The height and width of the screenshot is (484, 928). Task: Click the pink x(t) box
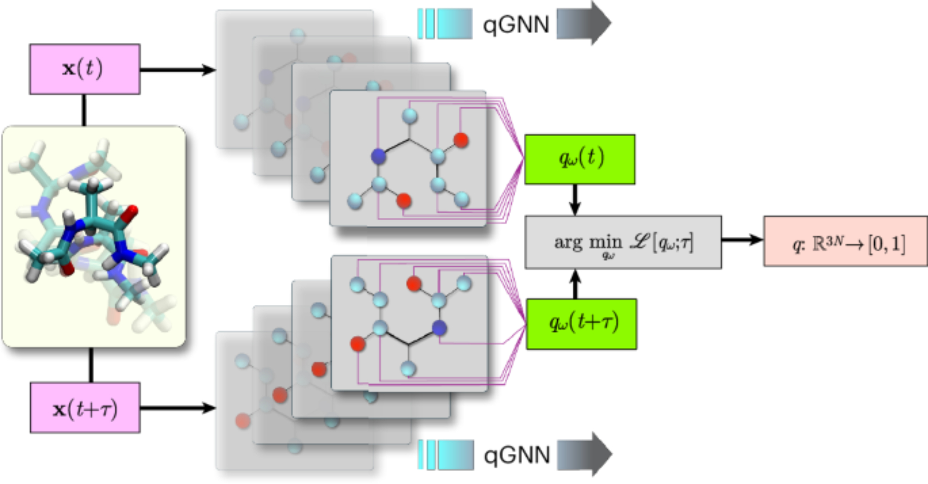coord(84,69)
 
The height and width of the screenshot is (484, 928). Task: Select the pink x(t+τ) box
coord(85,408)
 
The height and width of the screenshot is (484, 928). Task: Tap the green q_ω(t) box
coord(580,159)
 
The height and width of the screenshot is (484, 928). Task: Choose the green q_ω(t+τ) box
coord(581,324)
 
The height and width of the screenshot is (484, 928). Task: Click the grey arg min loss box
coord(623,242)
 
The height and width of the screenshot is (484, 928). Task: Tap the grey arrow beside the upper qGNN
coord(584,23)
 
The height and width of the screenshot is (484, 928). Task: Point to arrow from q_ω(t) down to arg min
coord(575,200)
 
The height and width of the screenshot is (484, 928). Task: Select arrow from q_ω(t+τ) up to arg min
coord(575,284)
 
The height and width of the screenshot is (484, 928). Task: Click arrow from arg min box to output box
coord(742,240)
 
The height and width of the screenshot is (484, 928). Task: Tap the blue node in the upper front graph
coord(379,157)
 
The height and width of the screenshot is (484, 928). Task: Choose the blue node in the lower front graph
coord(439,328)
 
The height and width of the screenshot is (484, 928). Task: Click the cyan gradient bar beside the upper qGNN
coord(445,24)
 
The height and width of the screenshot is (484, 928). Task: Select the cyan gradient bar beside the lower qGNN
coord(445,455)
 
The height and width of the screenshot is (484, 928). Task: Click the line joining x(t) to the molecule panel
coord(84,110)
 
